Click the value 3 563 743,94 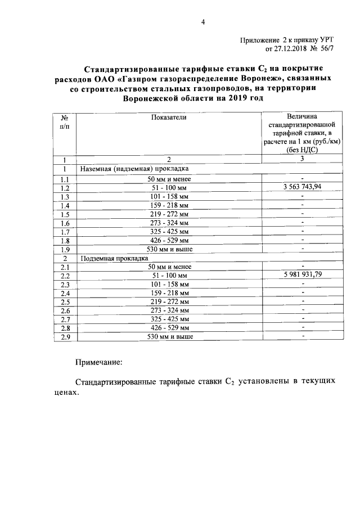302,187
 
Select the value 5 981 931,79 302,274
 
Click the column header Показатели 168,116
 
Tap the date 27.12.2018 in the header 283,49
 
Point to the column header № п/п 65,121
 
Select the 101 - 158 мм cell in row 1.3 168,196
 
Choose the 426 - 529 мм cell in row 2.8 168,327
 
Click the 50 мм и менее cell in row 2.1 168,267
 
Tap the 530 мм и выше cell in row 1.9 168,249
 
